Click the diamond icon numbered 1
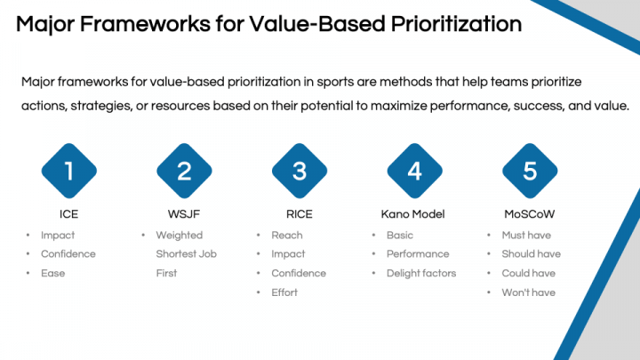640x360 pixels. coord(68,170)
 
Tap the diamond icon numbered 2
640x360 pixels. coord(184,170)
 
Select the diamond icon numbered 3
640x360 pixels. coord(300,170)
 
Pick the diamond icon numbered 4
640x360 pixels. coord(414,170)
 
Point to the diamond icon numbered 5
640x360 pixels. coord(530,170)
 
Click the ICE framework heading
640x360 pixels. coord(68,213)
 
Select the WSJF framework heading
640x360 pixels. coord(184,213)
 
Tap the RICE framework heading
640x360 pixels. coord(300,213)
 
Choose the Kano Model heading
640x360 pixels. coord(414,213)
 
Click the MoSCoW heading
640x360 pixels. coord(530,213)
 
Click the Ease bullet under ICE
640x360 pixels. coord(53,273)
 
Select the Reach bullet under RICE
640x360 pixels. coord(286,236)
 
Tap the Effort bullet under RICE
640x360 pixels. coord(284,292)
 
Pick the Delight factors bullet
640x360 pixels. coord(420,273)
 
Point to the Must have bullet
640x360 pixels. coord(525,236)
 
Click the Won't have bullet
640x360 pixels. coord(528,292)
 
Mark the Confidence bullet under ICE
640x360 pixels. coord(68,254)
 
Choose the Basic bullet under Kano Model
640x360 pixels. coord(400,236)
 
